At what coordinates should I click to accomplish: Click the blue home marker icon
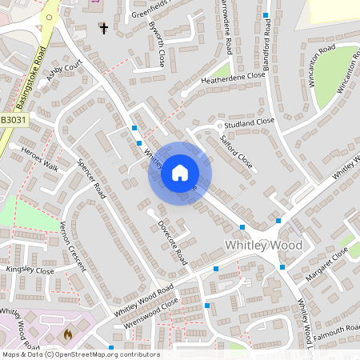coord(180,172)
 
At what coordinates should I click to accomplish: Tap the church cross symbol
coord(103,29)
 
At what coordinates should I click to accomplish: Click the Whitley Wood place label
coord(264,245)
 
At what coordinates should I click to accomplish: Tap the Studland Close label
coord(250,122)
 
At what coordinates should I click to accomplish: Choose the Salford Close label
coord(237,151)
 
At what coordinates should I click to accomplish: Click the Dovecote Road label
coord(172,243)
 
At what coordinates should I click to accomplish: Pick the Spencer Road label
coord(91,178)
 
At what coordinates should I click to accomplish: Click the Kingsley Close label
coord(30,271)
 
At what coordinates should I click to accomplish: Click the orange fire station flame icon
coord(68,334)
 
